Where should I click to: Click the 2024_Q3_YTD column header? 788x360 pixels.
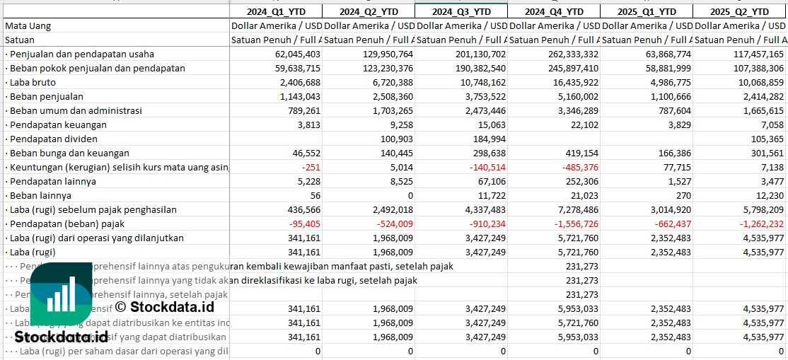pyautogui.click(x=460, y=11)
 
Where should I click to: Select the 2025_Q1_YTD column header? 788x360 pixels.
pyautogui.click(x=646, y=11)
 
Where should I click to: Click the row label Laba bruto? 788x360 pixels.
pyautogui.click(x=33, y=82)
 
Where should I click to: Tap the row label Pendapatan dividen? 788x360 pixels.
pyautogui.click(x=54, y=139)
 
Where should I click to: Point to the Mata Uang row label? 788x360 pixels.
pyautogui.click(x=28, y=25)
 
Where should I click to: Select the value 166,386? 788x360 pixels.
pyautogui.click(x=668, y=153)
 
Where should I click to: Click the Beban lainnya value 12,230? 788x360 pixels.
pyautogui.click(x=767, y=195)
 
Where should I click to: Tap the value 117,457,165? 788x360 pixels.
pyautogui.click(x=748, y=54)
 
